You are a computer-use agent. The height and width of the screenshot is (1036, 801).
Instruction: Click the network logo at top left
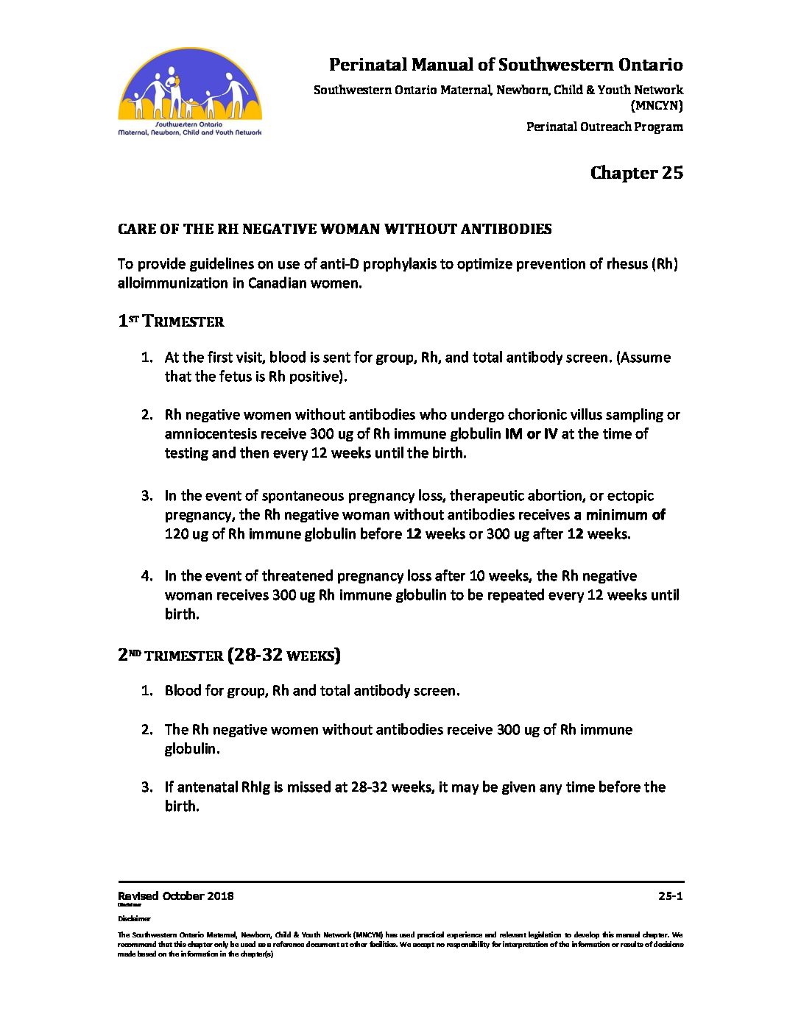point(189,91)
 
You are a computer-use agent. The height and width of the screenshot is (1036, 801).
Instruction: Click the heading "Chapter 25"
point(636,173)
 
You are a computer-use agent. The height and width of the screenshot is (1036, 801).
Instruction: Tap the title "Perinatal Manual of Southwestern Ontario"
point(505,65)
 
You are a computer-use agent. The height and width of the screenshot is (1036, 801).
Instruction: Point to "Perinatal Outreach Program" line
point(604,127)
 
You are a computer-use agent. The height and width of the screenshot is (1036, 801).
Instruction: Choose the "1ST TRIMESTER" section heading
point(171,322)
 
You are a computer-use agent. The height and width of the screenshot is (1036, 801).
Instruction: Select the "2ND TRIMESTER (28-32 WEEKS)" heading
point(229,655)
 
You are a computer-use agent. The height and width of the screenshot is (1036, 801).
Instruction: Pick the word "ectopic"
point(631,496)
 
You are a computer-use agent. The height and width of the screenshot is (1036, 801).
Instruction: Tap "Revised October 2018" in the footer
point(175,895)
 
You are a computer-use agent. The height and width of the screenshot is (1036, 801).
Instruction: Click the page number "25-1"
point(670,895)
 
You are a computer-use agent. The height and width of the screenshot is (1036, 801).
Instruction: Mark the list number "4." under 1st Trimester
point(147,576)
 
